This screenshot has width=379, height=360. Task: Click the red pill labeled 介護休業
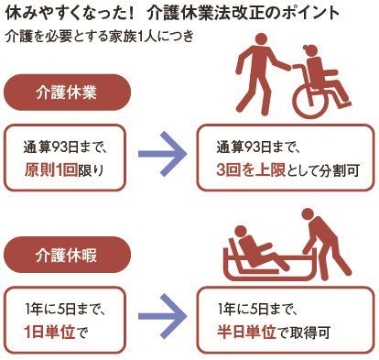pyautogui.click(x=67, y=93)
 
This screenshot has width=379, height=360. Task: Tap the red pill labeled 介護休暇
pyautogui.click(x=67, y=255)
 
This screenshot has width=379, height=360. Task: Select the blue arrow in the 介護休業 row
pyautogui.click(x=162, y=154)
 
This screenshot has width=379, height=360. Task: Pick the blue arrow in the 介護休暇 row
pyautogui.click(x=162, y=316)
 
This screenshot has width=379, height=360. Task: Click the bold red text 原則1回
pyautogui.click(x=50, y=170)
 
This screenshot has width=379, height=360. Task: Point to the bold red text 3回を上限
pyautogui.click(x=251, y=170)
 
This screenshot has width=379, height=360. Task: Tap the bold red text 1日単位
pyautogui.click(x=49, y=333)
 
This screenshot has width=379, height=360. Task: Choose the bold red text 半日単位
pyautogui.click(x=246, y=333)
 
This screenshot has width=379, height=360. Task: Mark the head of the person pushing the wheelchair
pyautogui.click(x=260, y=40)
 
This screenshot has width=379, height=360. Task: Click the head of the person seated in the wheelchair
pyautogui.click(x=309, y=51)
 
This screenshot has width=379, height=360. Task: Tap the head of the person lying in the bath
pyautogui.click(x=241, y=233)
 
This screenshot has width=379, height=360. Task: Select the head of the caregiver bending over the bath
pyautogui.click(x=308, y=214)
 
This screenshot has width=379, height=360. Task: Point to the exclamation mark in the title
pyautogui.click(x=130, y=14)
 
